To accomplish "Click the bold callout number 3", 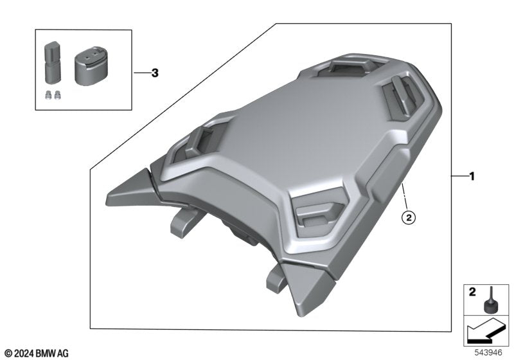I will pos(154,73).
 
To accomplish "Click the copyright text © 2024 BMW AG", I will pos(37,353).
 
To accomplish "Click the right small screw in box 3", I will pos(58,94).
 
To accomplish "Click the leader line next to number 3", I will pos(139,73).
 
